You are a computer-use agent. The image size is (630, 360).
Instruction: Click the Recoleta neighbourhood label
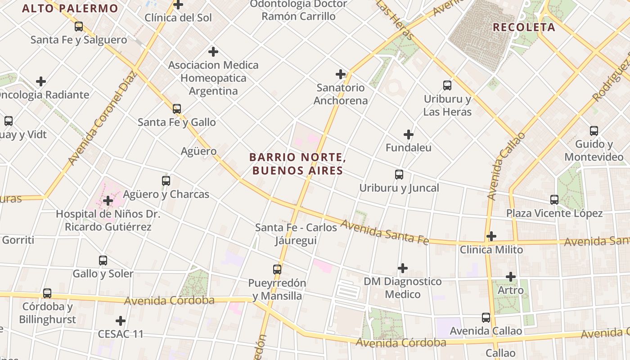pos(524,27)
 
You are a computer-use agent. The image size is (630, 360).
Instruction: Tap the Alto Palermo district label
pos(70,8)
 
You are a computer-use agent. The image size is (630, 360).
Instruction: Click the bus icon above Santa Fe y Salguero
pos(79,27)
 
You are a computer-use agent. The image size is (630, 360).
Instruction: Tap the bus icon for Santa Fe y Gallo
pos(177,108)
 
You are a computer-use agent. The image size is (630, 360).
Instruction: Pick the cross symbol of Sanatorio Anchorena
pos(341,74)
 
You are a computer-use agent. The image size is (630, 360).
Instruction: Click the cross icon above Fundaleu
pos(409,135)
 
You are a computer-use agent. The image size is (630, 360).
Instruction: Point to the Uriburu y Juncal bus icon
pos(399,175)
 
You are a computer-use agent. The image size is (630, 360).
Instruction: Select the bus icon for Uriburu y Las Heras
pos(447,85)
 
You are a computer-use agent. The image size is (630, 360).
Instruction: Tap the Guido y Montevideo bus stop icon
pos(594,131)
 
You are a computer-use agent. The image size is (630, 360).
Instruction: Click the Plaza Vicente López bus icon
pos(554,199)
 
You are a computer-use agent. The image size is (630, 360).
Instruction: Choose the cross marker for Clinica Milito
pos(491,236)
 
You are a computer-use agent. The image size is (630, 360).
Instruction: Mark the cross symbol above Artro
pos(511,277)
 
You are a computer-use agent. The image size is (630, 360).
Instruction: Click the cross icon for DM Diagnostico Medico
pos(403,269)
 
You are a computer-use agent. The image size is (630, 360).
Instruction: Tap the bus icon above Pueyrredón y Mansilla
pos(277,270)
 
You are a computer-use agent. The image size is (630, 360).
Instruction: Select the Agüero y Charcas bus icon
pos(166,181)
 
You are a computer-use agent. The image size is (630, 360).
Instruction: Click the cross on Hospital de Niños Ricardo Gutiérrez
pos(108,201)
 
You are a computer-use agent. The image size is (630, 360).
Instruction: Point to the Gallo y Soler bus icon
pos(103,260)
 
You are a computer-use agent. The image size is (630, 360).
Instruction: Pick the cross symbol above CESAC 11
pos(121,321)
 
